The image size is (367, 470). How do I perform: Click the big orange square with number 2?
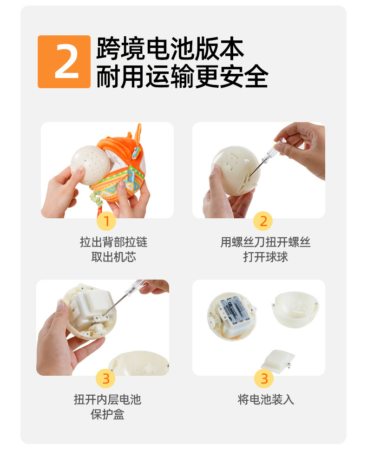(x=64, y=62)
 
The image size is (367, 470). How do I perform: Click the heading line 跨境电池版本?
(x=170, y=49)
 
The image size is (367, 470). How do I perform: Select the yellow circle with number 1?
(x=106, y=221)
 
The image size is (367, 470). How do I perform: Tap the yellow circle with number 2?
(x=263, y=221)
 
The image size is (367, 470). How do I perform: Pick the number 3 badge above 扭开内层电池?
(x=106, y=379)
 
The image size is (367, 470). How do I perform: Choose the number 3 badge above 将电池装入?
(x=264, y=379)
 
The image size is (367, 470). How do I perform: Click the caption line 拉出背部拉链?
(x=114, y=242)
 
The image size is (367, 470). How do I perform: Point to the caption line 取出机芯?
(x=114, y=257)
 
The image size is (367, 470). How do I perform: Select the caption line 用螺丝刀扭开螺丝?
(x=265, y=242)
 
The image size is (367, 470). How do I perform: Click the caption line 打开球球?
(x=265, y=257)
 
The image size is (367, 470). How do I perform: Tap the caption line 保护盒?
(x=107, y=415)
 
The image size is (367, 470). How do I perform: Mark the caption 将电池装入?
(x=266, y=399)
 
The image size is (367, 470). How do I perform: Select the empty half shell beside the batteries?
(x=295, y=309)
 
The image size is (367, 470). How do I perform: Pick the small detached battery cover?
(x=278, y=361)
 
